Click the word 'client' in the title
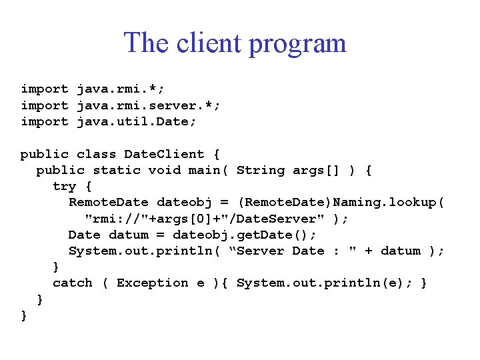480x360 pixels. point(208,43)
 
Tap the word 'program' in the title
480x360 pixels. point(297,45)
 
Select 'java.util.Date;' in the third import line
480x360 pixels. point(137,121)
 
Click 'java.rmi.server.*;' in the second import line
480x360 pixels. point(149,105)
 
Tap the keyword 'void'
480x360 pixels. point(164,170)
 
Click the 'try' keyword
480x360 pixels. point(64,186)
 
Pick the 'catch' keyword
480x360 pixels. point(73,283)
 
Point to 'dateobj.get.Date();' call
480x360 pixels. point(245,235)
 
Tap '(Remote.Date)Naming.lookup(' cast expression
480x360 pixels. point(341,202)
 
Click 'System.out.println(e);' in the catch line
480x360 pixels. point(325,283)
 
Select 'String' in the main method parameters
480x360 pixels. point(261,170)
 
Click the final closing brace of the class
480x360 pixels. point(25,315)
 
